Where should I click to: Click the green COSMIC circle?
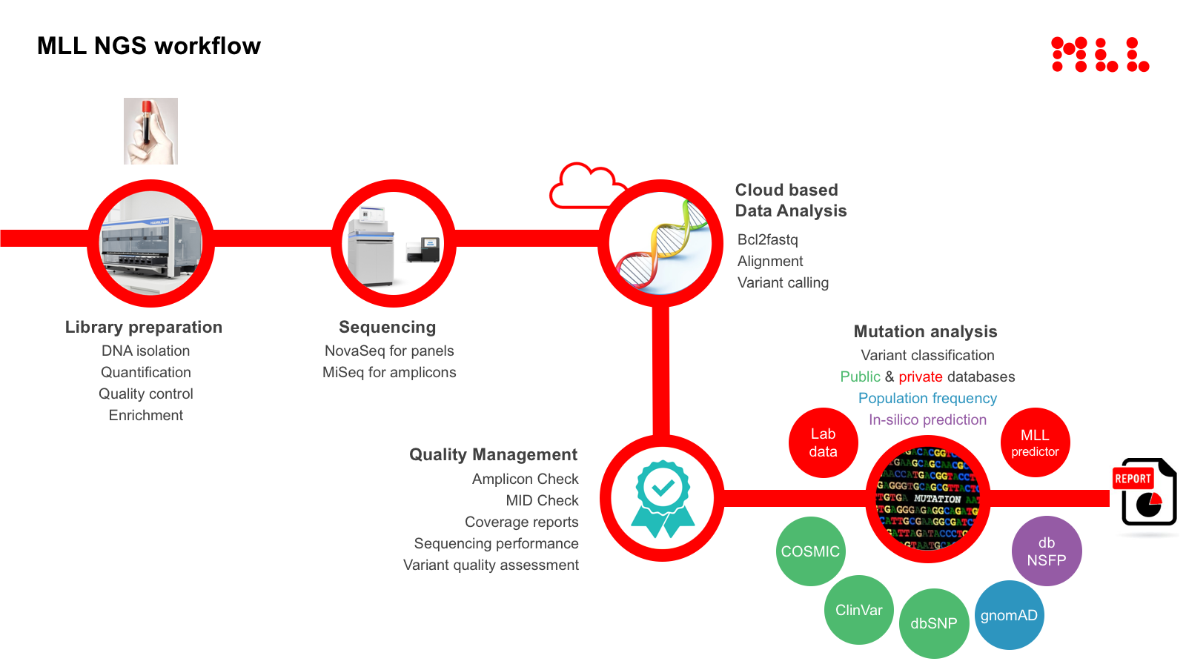[810, 551]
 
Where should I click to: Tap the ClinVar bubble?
[859, 610]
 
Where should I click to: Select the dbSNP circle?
[934, 623]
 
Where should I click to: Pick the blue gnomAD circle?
[1009, 615]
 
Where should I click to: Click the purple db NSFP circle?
[1047, 551]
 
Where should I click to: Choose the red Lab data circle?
[823, 442]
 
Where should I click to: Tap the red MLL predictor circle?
[1035, 442]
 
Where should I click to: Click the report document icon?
[1146, 492]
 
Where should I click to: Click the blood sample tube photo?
[150, 131]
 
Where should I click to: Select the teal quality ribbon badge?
[663, 498]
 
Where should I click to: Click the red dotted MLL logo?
[1100, 55]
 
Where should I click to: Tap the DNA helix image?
[660, 244]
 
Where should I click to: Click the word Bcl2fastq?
[767, 239]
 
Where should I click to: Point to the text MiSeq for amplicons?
[389, 372]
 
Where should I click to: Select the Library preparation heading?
[144, 327]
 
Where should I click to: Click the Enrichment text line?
[146, 415]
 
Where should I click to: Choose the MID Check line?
[542, 500]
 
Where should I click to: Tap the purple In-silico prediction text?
[927, 419]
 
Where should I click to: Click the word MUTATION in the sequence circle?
[937, 499]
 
